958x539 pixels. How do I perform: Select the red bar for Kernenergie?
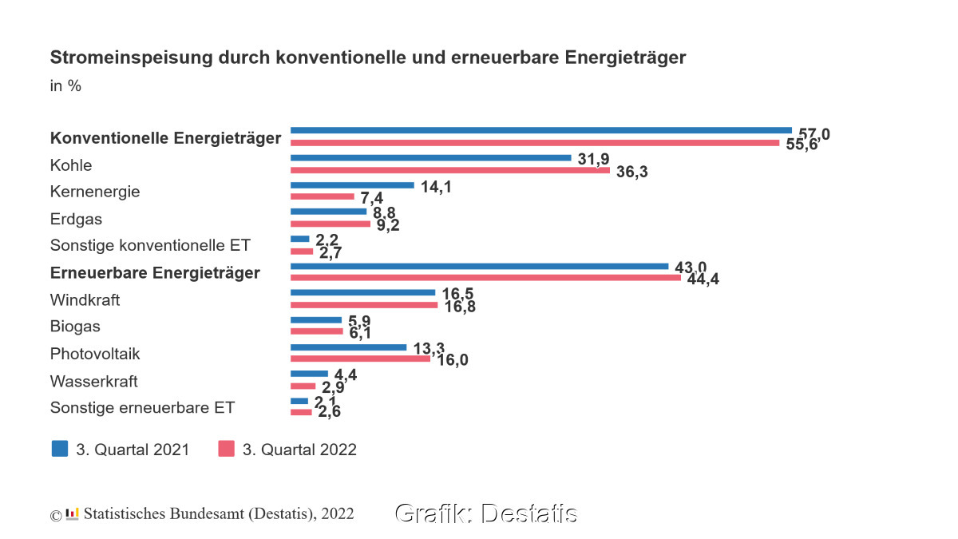click(x=322, y=196)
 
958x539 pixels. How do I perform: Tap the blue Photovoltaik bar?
click(x=348, y=347)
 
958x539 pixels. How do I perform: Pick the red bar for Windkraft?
click(x=364, y=305)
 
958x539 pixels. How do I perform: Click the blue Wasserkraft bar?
click(x=309, y=373)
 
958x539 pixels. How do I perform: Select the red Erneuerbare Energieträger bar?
click(x=485, y=278)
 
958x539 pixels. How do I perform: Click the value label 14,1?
click(x=435, y=186)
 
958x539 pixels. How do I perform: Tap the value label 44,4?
click(x=703, y=279)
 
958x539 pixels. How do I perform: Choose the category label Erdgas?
click(x=76, y=219)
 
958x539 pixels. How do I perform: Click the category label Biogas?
click(x=75, y=327)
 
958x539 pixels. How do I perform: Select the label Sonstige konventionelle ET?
click(x=150, y=245)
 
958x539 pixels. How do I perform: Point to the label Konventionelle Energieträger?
click(x=165, y=138)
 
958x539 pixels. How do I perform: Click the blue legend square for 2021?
click(x=60, y=448)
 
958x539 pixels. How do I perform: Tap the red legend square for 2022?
click(x=226, y=448)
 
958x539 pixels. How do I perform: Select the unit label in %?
click(x=65, y=86)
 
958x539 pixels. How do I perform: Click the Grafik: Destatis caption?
click(x=485, y=513)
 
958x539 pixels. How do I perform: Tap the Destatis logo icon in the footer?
click(x=73, y=513)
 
